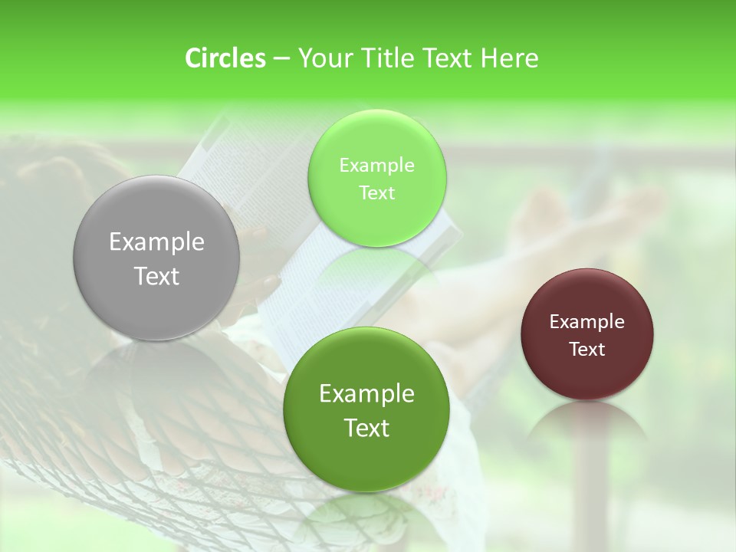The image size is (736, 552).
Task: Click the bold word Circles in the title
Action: (x=225, y=58)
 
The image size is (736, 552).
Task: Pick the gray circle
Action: (x=156, y=258)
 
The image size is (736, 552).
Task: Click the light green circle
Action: (x=376, y=178)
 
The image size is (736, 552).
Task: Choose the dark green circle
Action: (x=366, y=410)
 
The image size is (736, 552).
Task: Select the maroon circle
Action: (x=586, y=334)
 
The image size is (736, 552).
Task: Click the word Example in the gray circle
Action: (x=156, y=242)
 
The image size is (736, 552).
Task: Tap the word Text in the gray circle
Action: (x=156, y=276)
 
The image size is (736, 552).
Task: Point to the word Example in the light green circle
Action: (x=376, y=166)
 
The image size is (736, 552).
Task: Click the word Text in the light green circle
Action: (x=376, y=192)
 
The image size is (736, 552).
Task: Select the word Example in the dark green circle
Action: (x=366, y=394)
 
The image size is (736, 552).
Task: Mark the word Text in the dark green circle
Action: (x=366, y=428)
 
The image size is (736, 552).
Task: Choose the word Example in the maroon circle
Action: (x=586, y=322)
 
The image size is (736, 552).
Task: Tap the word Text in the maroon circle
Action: (x=586, y=349)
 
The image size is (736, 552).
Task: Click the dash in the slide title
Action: (x=281, y=59)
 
